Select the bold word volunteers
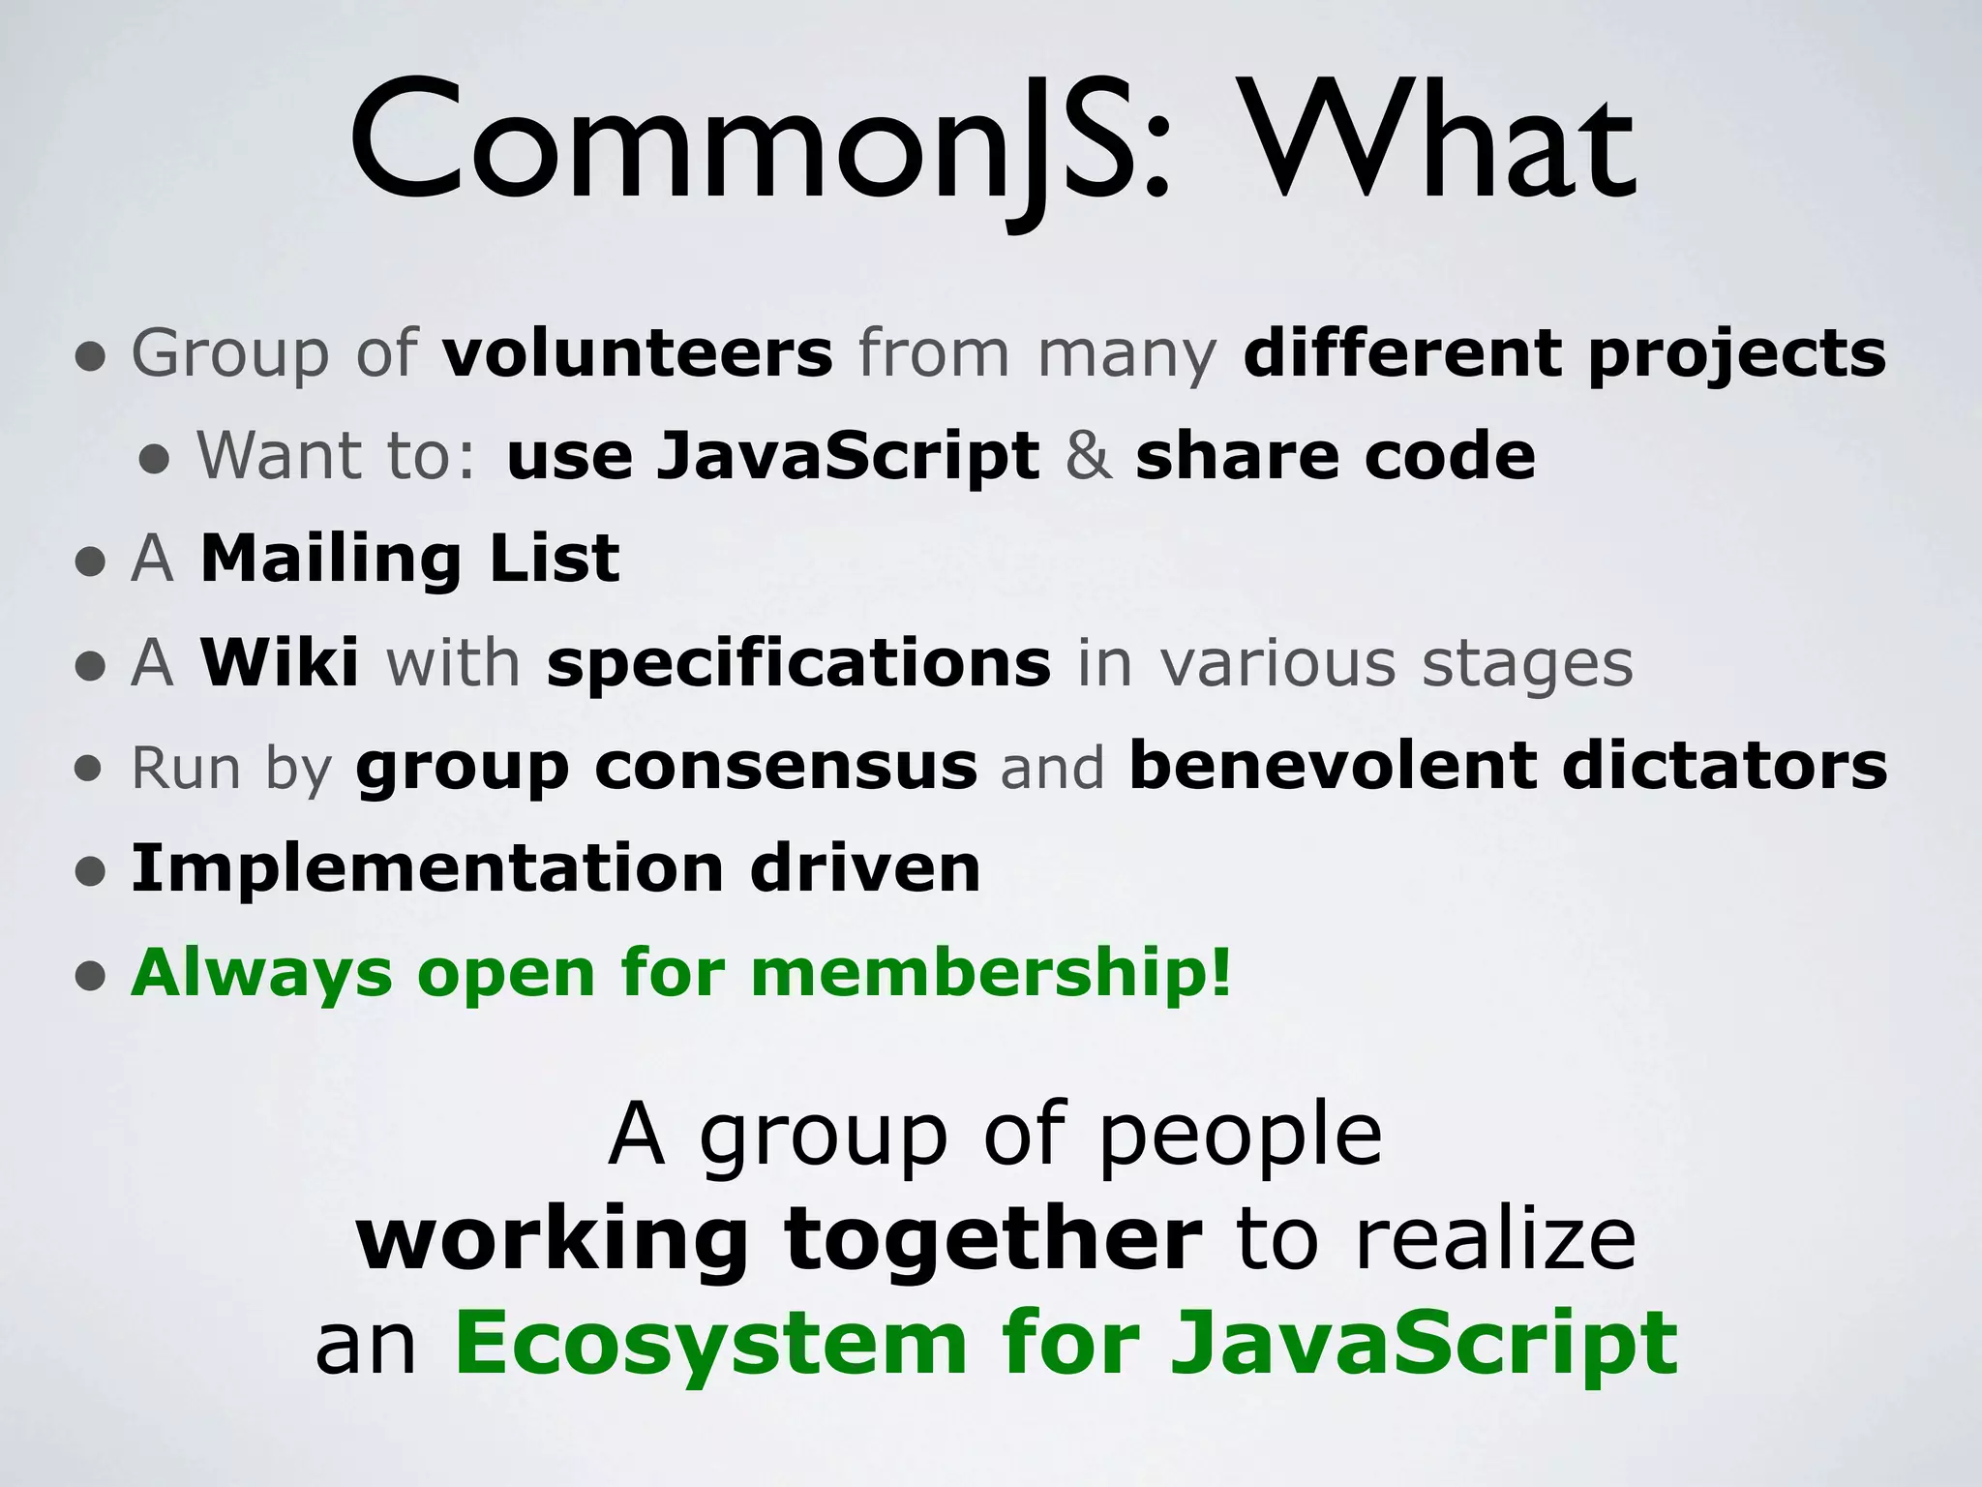tap(637, 353)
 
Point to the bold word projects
tap(1736, 355)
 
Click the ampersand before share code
tap(1088, 456)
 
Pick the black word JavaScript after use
tap(847, 458)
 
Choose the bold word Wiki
tap(280, 663)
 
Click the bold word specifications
tap(798, 665)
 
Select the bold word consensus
tap(786, 767)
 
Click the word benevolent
tap(1333, 767)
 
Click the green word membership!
tap(992, 972)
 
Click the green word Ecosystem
tap(710, 1343)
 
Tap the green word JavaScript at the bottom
tap(1423, 1345)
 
